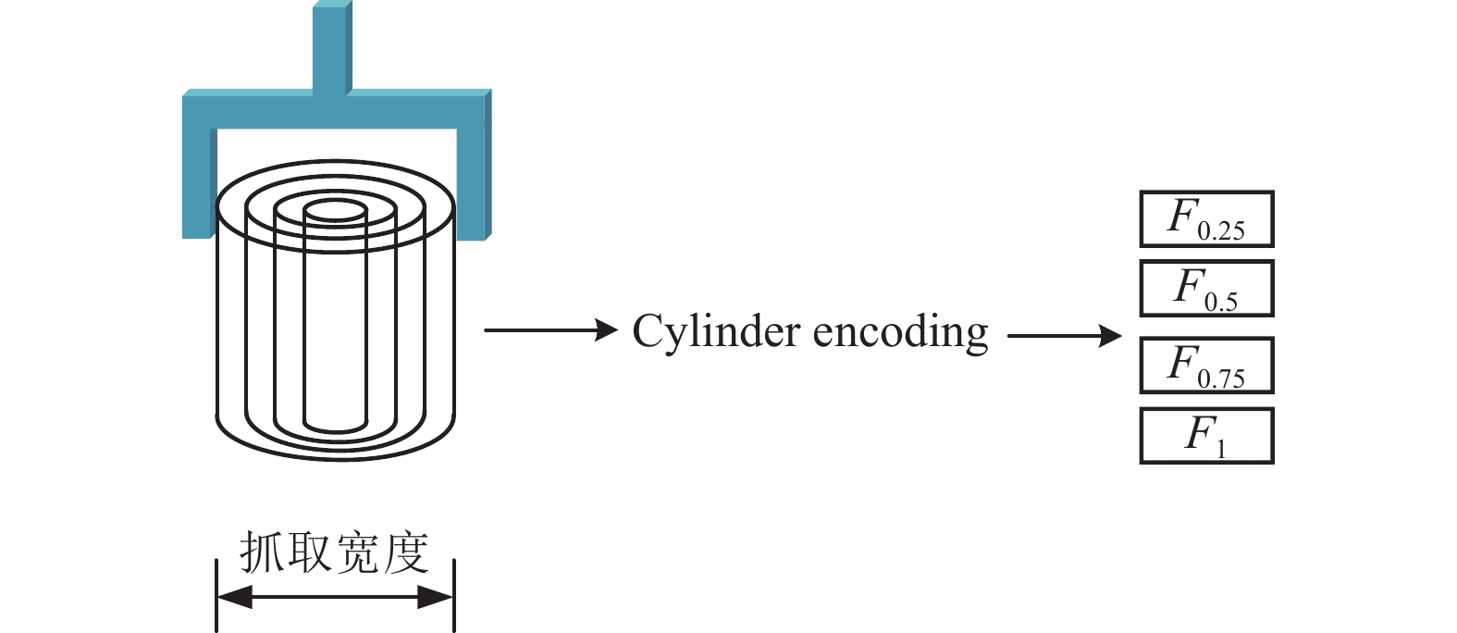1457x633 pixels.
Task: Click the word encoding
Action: pos(901,333)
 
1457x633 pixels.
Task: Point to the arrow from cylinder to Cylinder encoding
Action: pos(551,329)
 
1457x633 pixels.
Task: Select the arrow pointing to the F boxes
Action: pos(1065,336)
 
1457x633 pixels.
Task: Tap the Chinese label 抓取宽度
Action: pos(334,552)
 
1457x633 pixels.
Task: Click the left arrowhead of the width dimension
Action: pos(234,597)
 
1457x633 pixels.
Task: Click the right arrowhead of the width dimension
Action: pos(435,597)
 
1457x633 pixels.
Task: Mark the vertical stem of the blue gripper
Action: pos(332,49)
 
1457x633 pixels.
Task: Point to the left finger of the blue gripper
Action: pos(199,182)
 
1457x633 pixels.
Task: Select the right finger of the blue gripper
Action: pos(475,183)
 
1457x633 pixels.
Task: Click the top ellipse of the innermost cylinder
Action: pos(336,201)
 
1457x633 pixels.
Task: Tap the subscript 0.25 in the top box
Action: pos(1221,231)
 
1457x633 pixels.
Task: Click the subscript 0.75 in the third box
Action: pos(1221,379)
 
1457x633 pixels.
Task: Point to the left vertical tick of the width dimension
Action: pos(216,595)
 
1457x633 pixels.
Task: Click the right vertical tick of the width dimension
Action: pos(454,595)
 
